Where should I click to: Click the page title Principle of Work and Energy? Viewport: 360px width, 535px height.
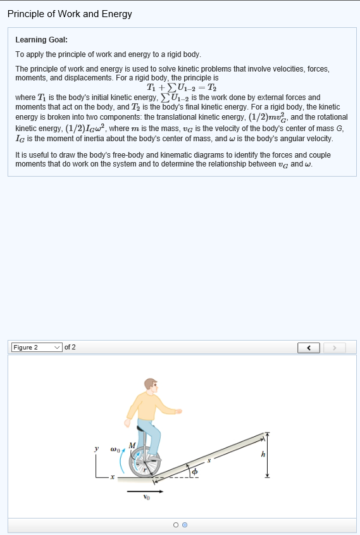[x=70, y=14]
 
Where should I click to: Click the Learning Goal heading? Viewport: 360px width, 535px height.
[x=41, y=40]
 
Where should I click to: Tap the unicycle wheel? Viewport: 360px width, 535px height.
[x=144, y=465]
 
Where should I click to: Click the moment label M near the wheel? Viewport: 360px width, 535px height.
[x=132, y=446]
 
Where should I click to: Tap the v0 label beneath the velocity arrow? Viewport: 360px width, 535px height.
[x=146, y=498]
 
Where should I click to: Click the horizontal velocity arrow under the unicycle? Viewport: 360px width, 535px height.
[x=146, y=490]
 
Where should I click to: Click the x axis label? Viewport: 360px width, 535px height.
[x=112, y=478]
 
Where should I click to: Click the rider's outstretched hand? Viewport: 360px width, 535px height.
[x=179, y=411]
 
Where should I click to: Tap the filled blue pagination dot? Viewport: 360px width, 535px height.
[x=184, y=525]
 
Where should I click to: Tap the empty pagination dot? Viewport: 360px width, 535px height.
[x=175, y=525]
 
